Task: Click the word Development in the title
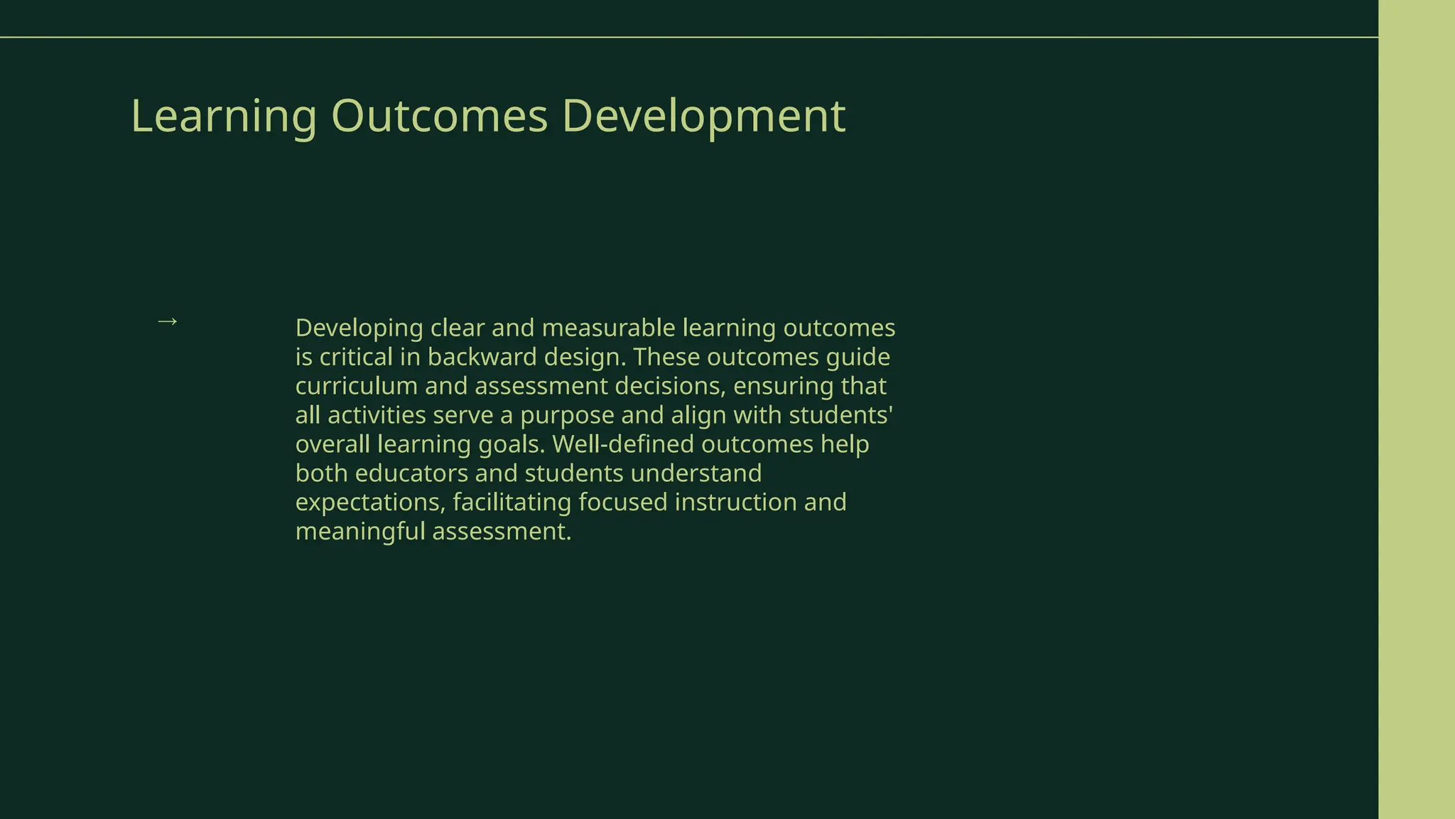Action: (703, 116)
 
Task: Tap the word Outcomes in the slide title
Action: (439, 116)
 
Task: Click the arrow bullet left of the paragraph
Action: (167, 321)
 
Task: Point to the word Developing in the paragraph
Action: (359, 328)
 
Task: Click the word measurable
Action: (608, 328)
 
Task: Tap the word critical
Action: (356, 358)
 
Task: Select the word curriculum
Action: (356, 387)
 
